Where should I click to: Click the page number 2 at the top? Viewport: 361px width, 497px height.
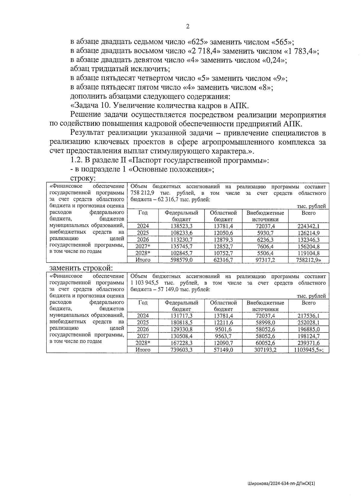pos(188,27)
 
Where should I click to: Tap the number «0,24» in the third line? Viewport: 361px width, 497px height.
pos(274,60)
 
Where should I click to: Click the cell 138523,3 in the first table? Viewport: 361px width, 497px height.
pos(181,226)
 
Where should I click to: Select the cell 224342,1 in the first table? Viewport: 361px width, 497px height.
pos(308,226)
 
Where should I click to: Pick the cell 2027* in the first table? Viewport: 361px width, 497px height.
pos(143,246)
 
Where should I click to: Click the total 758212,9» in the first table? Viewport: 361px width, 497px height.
pos(308,260)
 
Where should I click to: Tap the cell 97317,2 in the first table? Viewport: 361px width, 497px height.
pos(265,260)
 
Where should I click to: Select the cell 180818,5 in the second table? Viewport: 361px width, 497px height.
pos(181,322)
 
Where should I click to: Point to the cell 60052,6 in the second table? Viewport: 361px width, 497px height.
pos(265,343)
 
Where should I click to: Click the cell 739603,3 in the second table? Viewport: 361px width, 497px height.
pos(181,350)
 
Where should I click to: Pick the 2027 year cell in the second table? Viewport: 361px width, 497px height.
pos(143,336)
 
